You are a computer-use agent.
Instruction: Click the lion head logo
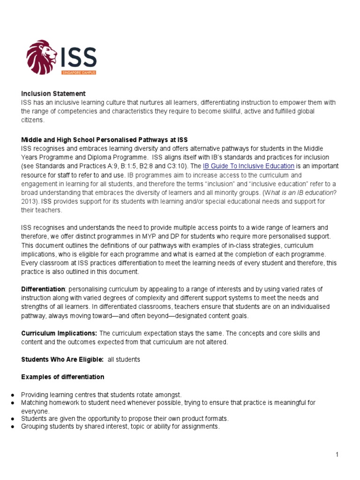pos(41,56)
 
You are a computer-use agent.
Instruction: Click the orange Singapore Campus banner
pos(79,72)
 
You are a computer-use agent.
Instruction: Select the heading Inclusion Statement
pos(53,94)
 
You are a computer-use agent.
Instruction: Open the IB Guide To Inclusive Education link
pos(248,166)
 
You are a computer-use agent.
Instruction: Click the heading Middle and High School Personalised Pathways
pos(104,140)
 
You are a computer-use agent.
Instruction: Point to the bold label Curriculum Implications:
pos(59,333)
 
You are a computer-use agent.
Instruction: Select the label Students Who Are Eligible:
pos(62,359)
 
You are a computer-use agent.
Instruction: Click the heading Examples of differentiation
pos(63,377)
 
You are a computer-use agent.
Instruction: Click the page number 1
pos(337,454)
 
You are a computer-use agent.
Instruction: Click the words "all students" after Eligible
pos(124,359)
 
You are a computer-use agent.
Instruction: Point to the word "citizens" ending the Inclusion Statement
pos(32,120)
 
